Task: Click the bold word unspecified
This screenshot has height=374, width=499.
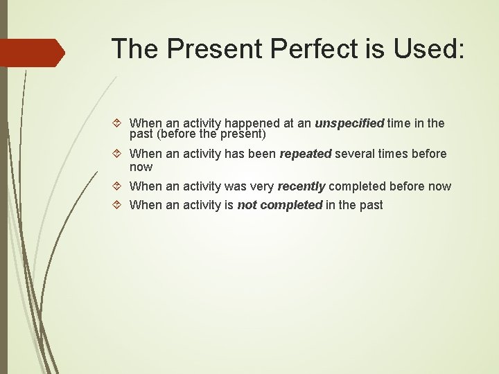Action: [349, 123]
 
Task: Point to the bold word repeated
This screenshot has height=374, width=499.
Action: [305, 154]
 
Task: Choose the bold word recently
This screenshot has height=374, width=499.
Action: [301, 186]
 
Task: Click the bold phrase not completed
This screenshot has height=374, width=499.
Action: [279, 205]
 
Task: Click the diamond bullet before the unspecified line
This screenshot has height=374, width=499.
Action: [119, 124]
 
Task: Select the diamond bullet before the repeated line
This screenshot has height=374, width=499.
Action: [119, 154]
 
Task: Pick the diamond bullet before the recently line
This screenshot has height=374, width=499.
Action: [119, 186]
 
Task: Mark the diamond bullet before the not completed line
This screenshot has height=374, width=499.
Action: [119, 205]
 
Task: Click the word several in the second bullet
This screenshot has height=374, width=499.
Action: [355, 154]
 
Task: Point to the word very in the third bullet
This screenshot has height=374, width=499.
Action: [261, 186]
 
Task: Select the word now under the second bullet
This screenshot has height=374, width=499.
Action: [141, 168]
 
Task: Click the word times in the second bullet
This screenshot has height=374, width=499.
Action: [394, 154]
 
